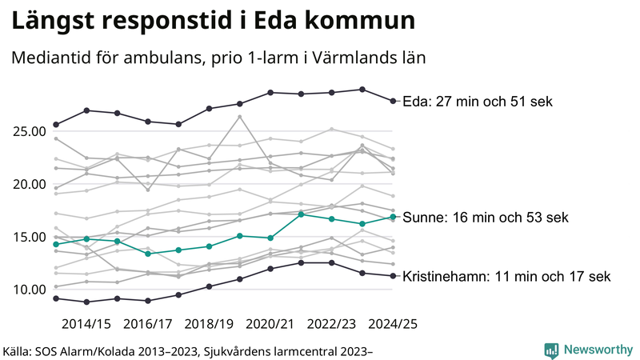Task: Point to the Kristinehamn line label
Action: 506,277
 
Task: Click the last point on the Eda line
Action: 393,101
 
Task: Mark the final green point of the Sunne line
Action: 393,217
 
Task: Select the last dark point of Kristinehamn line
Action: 393,276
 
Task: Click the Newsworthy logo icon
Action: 551,350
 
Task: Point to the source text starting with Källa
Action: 189,350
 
